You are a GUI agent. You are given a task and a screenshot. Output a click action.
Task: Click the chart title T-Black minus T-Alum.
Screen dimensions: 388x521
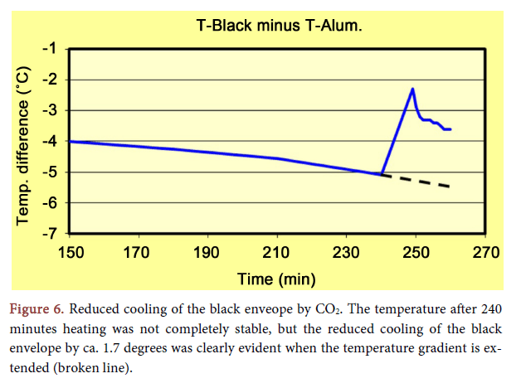280,26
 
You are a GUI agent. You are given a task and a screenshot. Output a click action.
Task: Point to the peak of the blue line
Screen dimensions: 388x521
412,89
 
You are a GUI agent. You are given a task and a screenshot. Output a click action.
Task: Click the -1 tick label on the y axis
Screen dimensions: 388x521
51,49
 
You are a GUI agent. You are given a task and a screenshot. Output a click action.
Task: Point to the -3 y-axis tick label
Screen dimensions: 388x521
51,110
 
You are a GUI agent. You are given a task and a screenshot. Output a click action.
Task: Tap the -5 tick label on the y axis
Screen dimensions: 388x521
51,172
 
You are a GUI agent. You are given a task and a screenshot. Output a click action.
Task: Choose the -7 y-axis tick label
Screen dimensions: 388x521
51,234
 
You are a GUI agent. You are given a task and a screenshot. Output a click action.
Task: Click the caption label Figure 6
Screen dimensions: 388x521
36,309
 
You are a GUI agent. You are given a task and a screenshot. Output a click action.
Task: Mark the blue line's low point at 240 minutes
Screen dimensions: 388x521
381,175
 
